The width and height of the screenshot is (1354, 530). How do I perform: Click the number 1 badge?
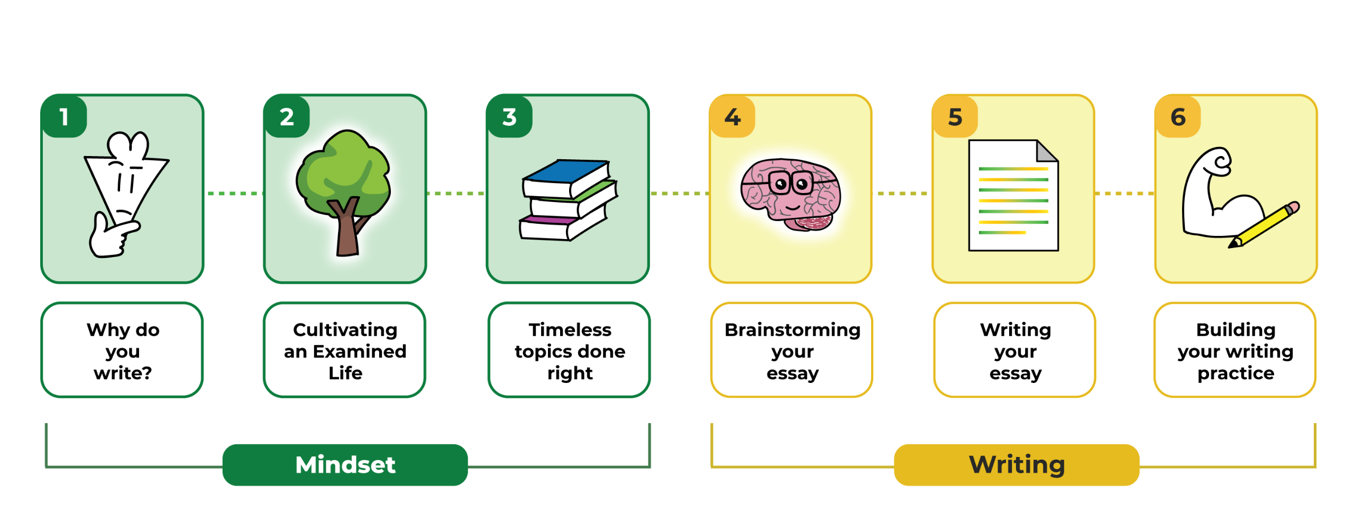(x=64, y=117)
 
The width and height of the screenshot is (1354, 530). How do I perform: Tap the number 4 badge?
(x=732, y=117)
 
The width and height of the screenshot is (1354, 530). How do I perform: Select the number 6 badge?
(x=1178, y=117)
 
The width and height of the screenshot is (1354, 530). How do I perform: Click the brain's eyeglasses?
(x=791, y=184)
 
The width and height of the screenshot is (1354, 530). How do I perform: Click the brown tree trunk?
(x=347, y=233)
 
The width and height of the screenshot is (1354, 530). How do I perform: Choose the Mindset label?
(x=345, y=465)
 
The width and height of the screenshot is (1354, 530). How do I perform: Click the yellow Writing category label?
(x=1016, y=465)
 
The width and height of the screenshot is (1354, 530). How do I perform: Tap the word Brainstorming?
(x=792, y=330)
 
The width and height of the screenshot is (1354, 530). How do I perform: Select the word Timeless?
(x=570, y=330)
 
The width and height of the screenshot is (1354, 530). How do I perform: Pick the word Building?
(x=1236, y=330)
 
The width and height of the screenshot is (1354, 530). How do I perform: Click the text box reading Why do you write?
(x=122, y=350)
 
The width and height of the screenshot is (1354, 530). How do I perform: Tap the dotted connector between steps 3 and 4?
(x=679, y=194)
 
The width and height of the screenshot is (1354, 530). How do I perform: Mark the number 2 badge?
(x=287, y=117)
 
